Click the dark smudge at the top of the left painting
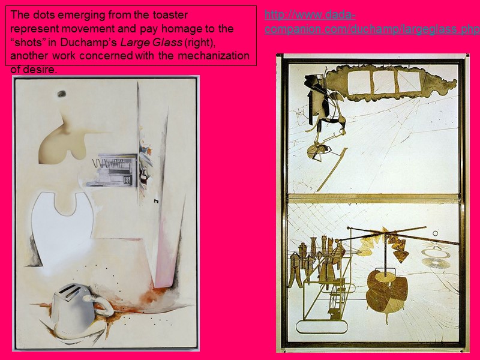click(x=62, y=94)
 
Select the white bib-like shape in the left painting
click(x=62, y=222)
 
